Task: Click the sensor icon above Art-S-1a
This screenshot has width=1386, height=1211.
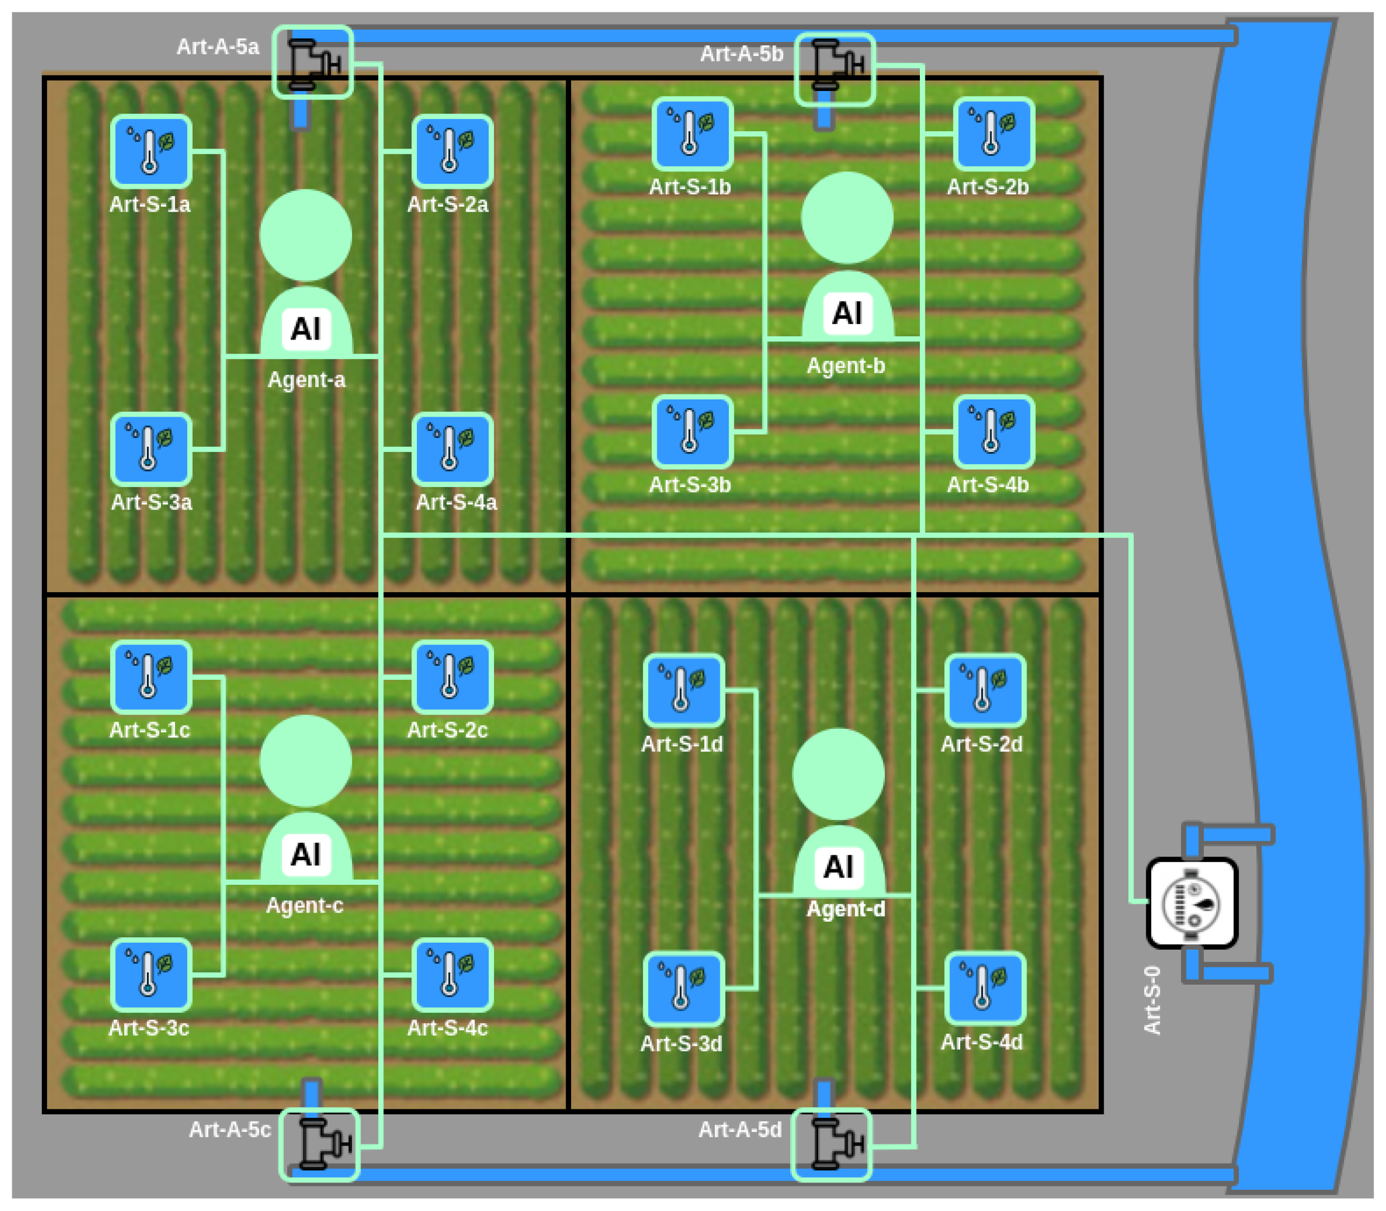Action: coord(151,151)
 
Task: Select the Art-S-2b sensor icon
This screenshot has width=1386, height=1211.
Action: coord(993,134)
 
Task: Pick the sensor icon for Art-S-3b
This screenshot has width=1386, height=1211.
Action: coord(692,432)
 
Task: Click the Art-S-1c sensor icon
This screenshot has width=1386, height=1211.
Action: coord(151,677)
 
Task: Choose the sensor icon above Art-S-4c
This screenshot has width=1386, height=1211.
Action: coord(452,975)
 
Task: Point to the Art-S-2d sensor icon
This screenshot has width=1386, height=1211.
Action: coord(984,690)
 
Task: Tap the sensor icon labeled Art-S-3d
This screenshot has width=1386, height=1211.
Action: coord(683,989)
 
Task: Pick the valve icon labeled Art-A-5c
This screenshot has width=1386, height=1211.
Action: coord(319,1145)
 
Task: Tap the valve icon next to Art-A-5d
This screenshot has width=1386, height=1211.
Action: coord(831,1145)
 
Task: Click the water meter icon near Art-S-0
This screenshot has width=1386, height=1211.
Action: coord(1192,903)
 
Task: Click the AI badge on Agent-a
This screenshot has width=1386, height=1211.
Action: coord(306,330)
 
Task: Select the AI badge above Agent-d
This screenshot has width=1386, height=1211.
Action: coord(838,867)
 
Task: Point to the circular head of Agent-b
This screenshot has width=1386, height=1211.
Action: coord(847,218)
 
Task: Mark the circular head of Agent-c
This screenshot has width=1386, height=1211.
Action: coord(306,761)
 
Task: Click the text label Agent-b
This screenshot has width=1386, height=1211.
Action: coord(846,366)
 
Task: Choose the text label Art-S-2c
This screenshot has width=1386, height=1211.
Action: coord(447,730)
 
